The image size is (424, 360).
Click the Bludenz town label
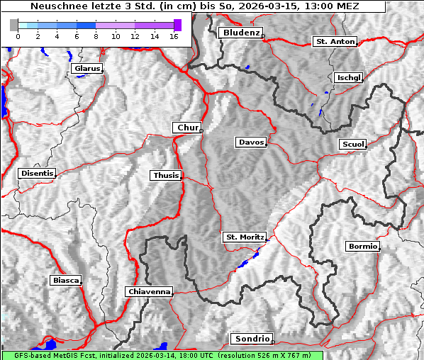(x=240, y=33)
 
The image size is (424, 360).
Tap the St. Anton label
(x=335, y=42)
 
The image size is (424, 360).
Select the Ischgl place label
(x=349, y=77)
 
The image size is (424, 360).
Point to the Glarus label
(x=87, y=69)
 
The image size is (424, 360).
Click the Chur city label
(x=187, y=128)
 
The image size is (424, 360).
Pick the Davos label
(x=251, y=142)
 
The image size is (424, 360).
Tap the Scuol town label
(x=352, y=145)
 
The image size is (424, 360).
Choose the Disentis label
(x=36, y=173)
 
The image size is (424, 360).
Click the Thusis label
(x=166, y=175)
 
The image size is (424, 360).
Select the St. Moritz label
(x=245, y=237)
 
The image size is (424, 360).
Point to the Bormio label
(x=362, y=247)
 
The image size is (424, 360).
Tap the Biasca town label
(x=65, y=281)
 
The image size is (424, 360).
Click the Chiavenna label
(x=149, y=291)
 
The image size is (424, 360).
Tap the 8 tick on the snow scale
(x=96, y=36)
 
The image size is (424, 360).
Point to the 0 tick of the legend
(x=18, y=36)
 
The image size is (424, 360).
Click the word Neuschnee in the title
(x=55, y=6)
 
